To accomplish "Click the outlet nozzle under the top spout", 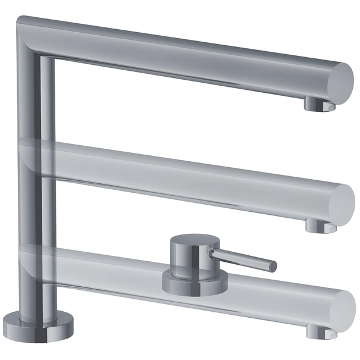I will coord(319,105).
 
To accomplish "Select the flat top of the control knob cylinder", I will coord(190,243).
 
